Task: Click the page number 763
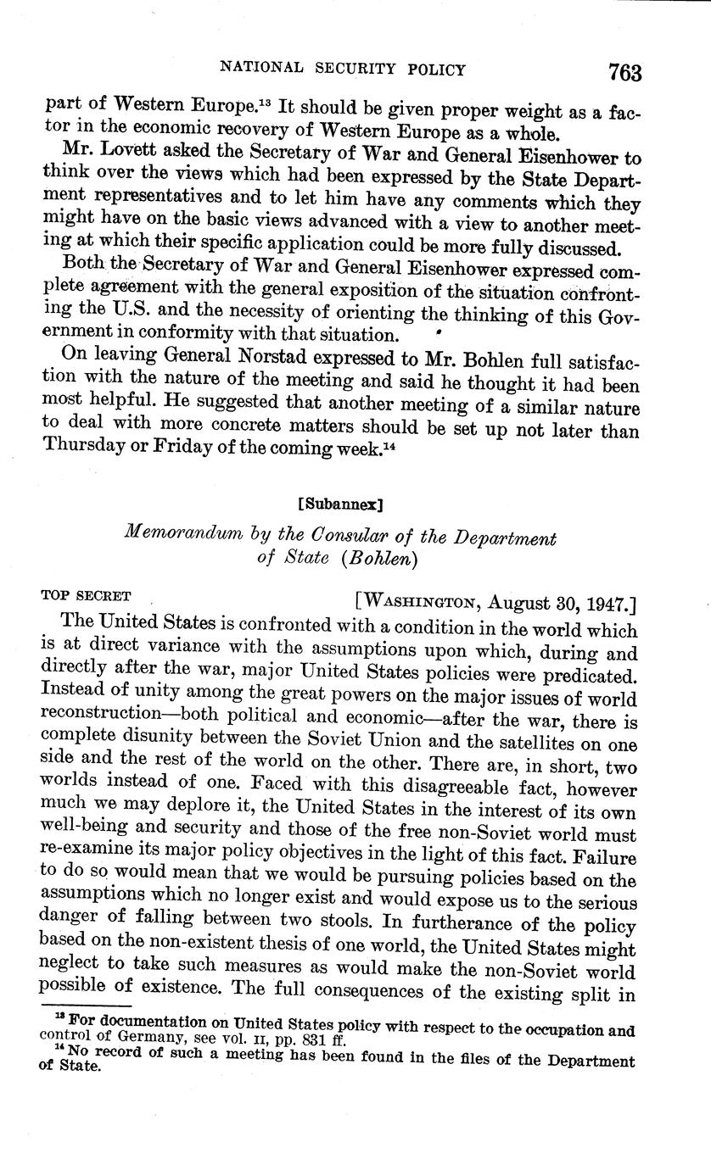pos(624,72)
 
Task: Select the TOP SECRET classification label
pos(85,595)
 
